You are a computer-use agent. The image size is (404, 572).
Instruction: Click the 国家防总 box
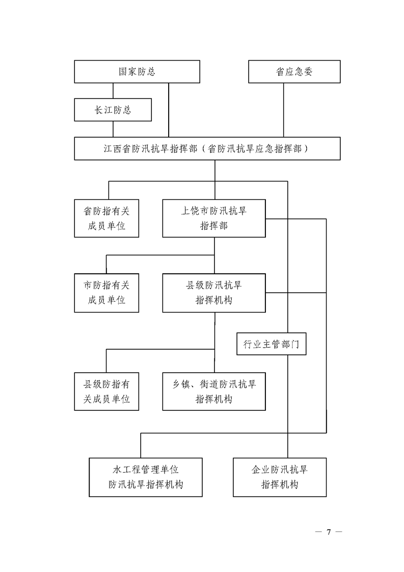pyautogui.click(x=137, y=71)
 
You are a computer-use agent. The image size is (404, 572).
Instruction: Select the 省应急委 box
pyautogui.click(x=294, y=71)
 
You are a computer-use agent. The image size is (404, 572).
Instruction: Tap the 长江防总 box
pyautogui.click(x=113, y=110)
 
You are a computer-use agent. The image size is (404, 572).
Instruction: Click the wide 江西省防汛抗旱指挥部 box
pyautogui.click(x=207, y=148)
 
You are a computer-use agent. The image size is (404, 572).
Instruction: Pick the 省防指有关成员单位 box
pyautogui.click(x=106, y=218)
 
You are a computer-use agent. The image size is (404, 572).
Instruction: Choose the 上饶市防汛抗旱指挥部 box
pyautogui.click(x=214, y=218)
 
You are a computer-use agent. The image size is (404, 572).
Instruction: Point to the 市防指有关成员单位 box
pyautogui.click(x=106, y=293)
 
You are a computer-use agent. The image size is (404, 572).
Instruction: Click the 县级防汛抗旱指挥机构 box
pyautogui.click(x=214, y=293)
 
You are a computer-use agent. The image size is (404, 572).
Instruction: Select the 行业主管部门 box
pyautogui.click(x=271, y=344)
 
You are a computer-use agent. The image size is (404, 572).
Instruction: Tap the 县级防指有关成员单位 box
pyautogui.click(x=106, y=392)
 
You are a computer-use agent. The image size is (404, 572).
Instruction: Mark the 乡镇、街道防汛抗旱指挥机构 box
pyautogui.click(x=214, y=392)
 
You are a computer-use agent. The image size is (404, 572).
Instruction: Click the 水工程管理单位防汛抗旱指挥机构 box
pyautogui.click(x=145, y=477)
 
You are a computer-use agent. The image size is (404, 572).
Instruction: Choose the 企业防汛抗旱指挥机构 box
pyautogui.click(x=279, y=477)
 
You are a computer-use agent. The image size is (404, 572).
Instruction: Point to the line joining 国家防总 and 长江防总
pyautogui.click(x=106, y=91)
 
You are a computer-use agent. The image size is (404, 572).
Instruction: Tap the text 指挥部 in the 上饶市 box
pyautogui.click(x=214, y=226)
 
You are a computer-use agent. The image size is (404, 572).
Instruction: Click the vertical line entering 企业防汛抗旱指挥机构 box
pyautogui.click(x=288, y=408)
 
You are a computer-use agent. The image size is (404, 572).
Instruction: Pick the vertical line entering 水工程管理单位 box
pyautogui.click(x=141, y=446)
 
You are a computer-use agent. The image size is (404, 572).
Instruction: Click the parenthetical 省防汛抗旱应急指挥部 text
pyautogui.click(x=258, y=149)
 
